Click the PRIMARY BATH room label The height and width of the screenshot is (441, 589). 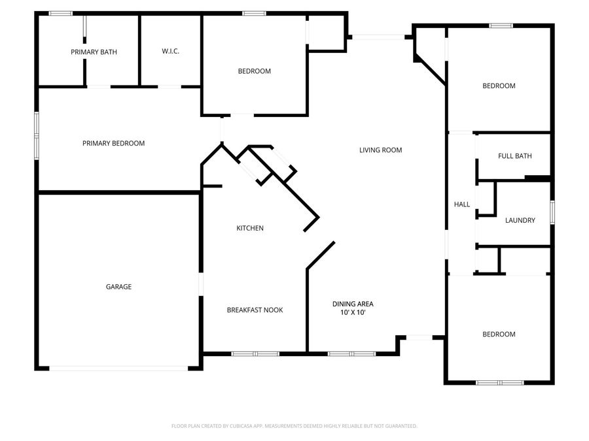pos(94,52)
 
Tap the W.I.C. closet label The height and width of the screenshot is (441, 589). pos(171,52)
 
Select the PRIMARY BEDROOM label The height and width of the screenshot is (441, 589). pos(113,143)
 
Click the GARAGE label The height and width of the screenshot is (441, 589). pos(118,286)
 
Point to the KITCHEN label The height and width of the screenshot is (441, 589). pos(250,228)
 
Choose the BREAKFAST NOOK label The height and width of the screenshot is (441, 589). pos(255,310)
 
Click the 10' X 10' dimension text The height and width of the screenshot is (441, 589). pos(353,312)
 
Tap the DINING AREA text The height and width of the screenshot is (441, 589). pos(353,304)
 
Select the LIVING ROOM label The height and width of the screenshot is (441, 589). pos(380,150)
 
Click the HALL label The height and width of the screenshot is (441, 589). pos(462,204)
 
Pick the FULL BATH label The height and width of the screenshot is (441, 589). pos(514,156)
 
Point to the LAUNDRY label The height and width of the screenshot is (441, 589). pos(520,220)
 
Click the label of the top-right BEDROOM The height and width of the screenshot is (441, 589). pos(499,86)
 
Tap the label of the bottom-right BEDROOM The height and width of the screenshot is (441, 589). pos(499,334)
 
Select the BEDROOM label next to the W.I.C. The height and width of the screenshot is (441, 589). pos(254,71)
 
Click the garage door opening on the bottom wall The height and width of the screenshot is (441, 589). pos(119,368)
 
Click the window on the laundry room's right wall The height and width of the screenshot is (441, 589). pos(552,212)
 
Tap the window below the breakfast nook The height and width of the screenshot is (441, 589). pos(255,354)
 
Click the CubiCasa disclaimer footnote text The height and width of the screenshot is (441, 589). pos(294,426)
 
